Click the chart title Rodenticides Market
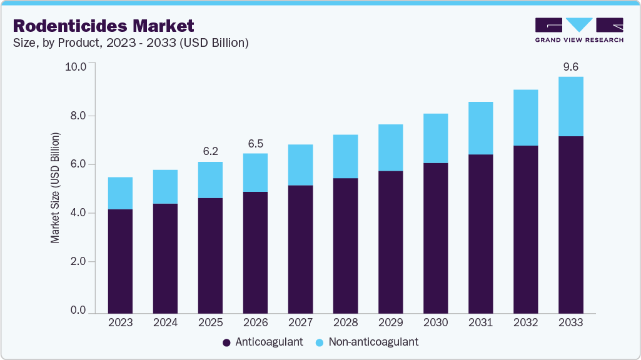point(104,26)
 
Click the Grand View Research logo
point(578,30)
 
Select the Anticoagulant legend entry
point(263,342)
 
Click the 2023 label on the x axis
point(120,322)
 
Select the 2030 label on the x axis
point(435,322)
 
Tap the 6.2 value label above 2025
point(209,151)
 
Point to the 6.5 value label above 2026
point(255,143)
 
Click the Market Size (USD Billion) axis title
point(56,187)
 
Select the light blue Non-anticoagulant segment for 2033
point(570,106)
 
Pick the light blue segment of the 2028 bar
point(345,156)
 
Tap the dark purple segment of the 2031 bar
point(480,234)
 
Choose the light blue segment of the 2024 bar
point(165,187)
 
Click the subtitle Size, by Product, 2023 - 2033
point(131,42)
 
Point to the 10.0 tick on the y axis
point(76,66)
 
